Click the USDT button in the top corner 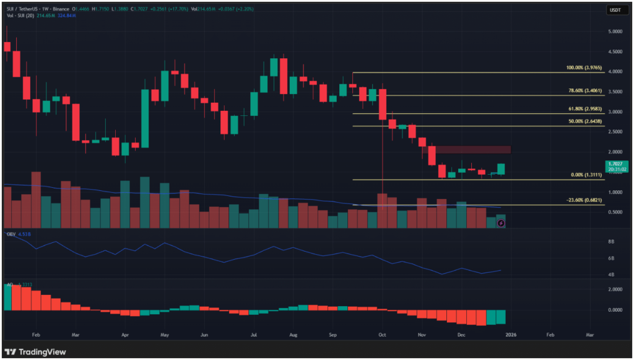point(615,10)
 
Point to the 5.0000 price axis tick point(615,32)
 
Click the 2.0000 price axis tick point(615,152)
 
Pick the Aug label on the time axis point(293,334)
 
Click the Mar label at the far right point(589,334)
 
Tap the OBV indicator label point(10,235)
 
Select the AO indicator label point(9,284)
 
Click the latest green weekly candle point(500,169)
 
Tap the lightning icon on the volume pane point(500,223)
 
